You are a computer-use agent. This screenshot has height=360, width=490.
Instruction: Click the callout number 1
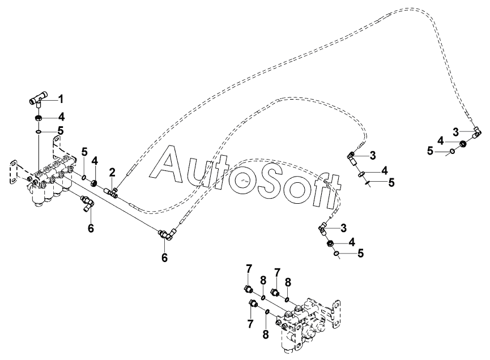coord(61,99)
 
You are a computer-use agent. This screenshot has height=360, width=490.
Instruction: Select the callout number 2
coord(112,172)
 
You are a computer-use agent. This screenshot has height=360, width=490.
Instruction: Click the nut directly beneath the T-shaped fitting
coord(39,119)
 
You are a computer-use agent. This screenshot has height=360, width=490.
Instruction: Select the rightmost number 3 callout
coord(455,132)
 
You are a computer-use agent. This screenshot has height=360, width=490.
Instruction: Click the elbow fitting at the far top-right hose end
coord(476,132)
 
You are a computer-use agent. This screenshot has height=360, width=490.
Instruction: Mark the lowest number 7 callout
coord(250,324)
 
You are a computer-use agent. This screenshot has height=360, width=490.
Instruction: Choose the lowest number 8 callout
coord(266,335)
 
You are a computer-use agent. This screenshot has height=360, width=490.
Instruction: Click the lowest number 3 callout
coord(344,228)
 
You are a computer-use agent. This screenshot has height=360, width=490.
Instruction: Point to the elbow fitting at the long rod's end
coord(168,234)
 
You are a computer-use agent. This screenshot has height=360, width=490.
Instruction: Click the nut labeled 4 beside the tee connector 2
coord(95,183)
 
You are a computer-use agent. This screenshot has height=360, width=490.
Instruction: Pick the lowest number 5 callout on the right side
coord(361,253)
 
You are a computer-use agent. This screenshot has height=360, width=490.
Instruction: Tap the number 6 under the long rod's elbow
coord(164,258)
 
